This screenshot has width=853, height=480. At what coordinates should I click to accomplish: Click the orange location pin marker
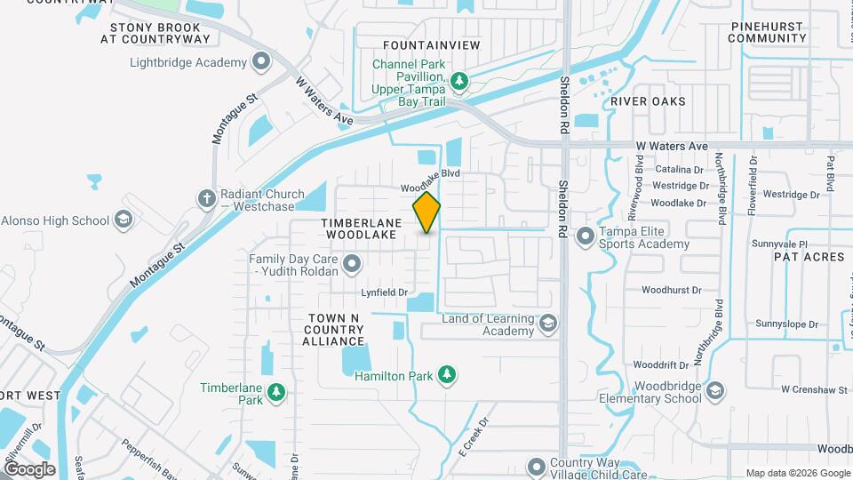[x=427, y=212]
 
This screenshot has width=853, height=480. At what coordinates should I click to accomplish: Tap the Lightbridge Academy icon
[x=261, y=62]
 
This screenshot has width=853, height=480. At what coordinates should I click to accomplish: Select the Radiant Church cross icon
[x=207, y=197]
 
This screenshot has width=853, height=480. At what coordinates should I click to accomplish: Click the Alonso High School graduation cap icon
[x=124, y=220]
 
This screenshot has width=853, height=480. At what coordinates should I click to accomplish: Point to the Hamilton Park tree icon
[x=448, y=376]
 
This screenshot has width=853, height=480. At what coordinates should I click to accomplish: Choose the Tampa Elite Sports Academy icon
[x=586, y=237]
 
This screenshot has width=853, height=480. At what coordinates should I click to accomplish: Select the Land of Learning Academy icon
[x=548, y=324]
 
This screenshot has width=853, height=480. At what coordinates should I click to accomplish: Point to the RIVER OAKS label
[x=648, y=101]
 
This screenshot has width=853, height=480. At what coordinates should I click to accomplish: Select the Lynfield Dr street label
[x=384, y=292]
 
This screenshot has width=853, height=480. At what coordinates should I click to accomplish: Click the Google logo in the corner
[x=28, y=469]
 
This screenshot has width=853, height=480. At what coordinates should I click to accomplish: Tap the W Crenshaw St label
[x=810, y=389]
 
